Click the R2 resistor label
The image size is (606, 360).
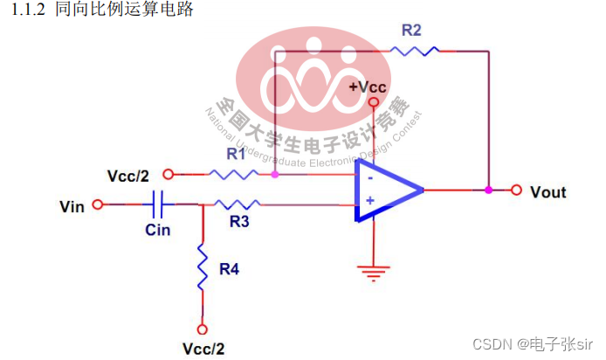411,31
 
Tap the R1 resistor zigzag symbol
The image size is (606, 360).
234,174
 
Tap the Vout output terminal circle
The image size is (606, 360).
516,190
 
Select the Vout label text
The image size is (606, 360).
548,191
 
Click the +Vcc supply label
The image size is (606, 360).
368,87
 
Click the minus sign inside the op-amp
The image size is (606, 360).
370,177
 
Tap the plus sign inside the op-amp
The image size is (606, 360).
370,202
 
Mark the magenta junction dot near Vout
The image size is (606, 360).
488,190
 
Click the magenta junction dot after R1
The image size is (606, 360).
275,174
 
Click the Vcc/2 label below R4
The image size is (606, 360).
203,348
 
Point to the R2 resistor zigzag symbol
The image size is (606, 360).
414,52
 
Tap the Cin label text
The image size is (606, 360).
158,231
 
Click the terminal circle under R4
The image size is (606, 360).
203,329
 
